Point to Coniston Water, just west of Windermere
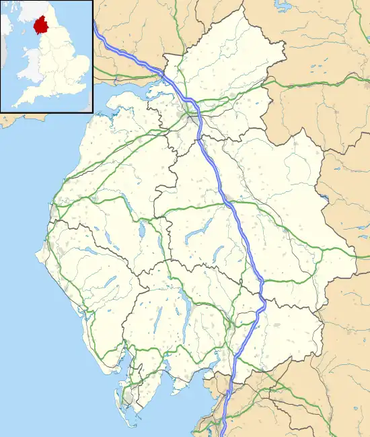[159, 315]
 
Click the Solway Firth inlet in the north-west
[128, 91]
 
